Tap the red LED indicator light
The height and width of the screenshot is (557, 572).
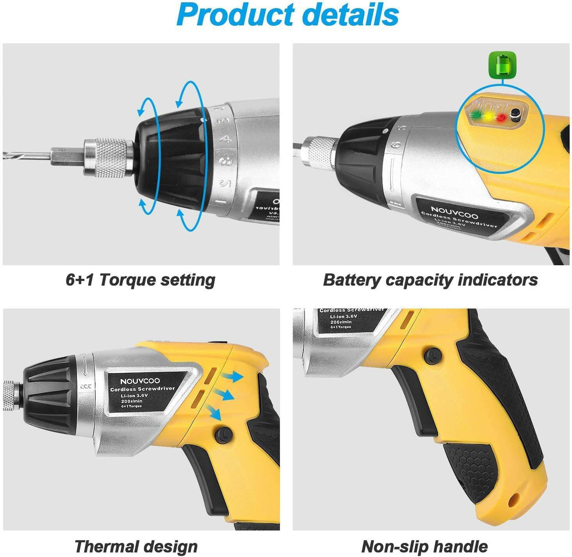coord(500,117)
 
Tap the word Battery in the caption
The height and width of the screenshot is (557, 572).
coord(351,280)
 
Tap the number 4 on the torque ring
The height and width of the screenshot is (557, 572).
coord(227,138)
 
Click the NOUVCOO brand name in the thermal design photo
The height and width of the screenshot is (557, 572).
coord(139,381)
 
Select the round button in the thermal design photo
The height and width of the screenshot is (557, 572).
coord(221,435)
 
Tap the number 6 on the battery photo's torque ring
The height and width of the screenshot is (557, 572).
coord(396,145)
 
